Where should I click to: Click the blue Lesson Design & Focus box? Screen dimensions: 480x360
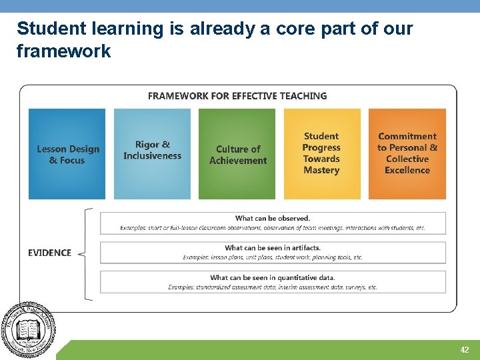(67, 154)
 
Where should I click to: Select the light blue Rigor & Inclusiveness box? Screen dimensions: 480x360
(152, 154)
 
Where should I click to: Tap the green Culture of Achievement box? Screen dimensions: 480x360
(237, 154)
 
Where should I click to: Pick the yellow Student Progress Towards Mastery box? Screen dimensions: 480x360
(321, 154)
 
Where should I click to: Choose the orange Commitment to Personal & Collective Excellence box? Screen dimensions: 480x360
(407, 154)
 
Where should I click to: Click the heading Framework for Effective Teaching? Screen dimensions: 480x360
(237, 96)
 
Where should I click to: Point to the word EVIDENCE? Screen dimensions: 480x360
(49, 253)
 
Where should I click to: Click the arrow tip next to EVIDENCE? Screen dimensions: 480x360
(79, 253)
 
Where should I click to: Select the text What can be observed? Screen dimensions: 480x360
(273, 218)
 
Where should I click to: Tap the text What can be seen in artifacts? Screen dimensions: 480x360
(273, 248)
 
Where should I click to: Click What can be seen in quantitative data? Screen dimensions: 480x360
(273, 277)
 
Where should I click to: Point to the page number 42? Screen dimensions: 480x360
(465, 350)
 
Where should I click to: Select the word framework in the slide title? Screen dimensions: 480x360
(63, 51)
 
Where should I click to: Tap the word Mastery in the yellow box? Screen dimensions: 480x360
(321, 171)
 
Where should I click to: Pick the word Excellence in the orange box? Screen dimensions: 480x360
(407, 171)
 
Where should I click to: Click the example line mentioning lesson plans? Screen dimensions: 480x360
(273, 257)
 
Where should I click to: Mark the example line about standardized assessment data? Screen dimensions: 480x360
(273, 287)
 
